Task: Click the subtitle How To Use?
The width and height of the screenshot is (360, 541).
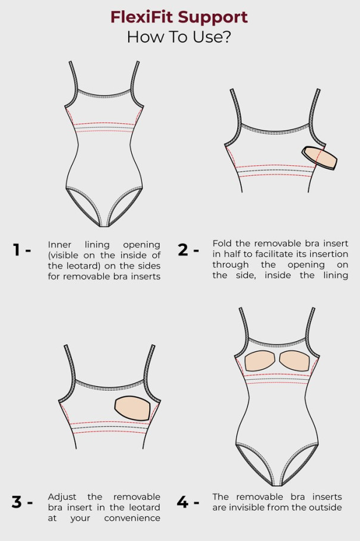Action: (x=179, y=37)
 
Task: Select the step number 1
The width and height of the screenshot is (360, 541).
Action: (x=16, y=250)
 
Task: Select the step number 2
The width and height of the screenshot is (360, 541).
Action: (x=183, y=250)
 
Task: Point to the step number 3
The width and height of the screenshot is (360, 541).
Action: (x=17, y=502)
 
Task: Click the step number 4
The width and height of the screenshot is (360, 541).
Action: (x=183, y=502)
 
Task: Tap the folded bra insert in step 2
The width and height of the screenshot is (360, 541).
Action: (x=319, y=157)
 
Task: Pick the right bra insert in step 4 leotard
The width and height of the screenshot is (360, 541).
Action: (x=294, y=361)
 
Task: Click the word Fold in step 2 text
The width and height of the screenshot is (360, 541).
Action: (x=222, y=244)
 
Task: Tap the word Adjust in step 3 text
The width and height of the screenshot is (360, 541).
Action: (x=62, y=497)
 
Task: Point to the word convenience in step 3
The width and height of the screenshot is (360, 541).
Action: (x=132, y=518)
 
